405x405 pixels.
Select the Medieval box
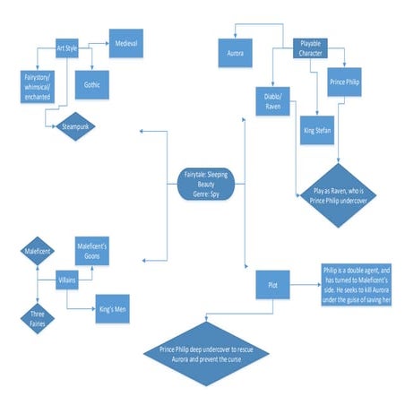tap(125, 41)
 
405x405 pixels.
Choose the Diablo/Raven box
tap(274, 99)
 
